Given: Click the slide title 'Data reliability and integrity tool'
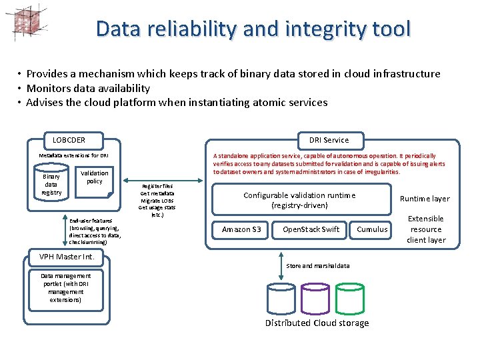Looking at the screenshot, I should point(253,29).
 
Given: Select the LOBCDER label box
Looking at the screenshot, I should point(69,140).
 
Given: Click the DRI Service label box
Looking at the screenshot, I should point(329,140).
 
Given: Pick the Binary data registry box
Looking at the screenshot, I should point(51,185).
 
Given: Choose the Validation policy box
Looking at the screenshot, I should point(95,177).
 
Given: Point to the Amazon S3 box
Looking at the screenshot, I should point(241,229).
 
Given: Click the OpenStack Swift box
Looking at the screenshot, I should point(311,229).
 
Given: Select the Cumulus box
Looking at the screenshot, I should point(372,229).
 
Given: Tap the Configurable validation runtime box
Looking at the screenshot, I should point(299,200).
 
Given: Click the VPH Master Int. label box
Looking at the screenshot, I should point(66,257).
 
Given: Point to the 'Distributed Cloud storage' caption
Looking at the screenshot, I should point(317,323).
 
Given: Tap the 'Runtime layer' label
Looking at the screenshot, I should point(425,199).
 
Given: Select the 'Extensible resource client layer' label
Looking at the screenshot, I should point(426,229).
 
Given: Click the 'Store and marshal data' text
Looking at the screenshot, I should point(317,266).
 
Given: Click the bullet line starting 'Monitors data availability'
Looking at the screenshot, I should point(88,88).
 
